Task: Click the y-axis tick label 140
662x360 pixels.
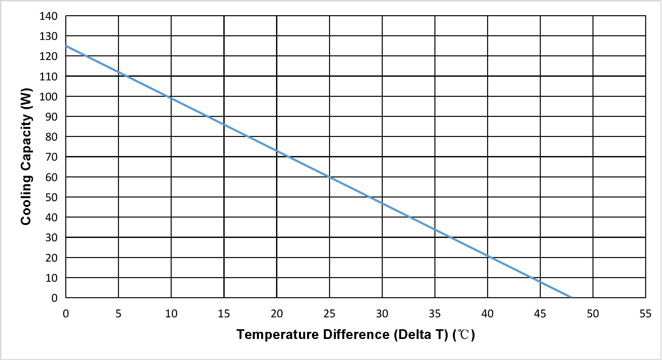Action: click(x=48, y=16)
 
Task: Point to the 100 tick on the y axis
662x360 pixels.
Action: click(x=48, y=97)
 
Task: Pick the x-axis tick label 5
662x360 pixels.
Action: click(x=118, y=314)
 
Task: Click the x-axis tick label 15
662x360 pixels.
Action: click(x=224, y=314)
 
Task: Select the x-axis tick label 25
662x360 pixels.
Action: click(x=329, y=314)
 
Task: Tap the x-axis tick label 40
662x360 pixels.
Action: click(x=487, y=314)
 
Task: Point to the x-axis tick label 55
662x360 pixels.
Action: click(x=646, y=314)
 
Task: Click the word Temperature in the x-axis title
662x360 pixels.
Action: click(x=278, y=334)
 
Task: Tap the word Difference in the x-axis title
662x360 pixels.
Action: click(x=357, y=334)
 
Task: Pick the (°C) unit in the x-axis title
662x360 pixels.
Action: click(x=464, y=334)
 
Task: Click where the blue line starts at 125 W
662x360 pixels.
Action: click(x=66, y=46)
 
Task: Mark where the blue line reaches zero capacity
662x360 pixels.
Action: click(x=571, y=297)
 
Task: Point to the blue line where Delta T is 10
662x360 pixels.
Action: click(x=171, y=98)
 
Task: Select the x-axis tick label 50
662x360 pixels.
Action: click(x=593, y=314)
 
